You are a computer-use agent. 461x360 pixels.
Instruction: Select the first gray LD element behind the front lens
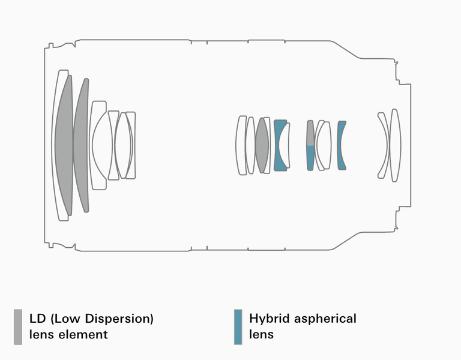64,145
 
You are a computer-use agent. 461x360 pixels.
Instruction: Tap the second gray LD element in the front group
81,145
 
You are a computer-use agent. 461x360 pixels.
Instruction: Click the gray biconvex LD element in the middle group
262,145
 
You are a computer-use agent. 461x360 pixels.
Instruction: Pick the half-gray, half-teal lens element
310,146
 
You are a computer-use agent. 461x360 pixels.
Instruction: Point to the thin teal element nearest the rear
341,146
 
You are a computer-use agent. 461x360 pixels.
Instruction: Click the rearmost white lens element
395,145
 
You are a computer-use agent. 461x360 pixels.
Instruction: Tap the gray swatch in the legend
18,326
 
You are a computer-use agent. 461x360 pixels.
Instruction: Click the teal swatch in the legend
238,326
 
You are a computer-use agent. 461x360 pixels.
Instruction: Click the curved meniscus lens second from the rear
383,145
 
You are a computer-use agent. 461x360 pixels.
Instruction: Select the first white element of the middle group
241,145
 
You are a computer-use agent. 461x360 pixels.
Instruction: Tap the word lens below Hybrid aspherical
261,334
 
